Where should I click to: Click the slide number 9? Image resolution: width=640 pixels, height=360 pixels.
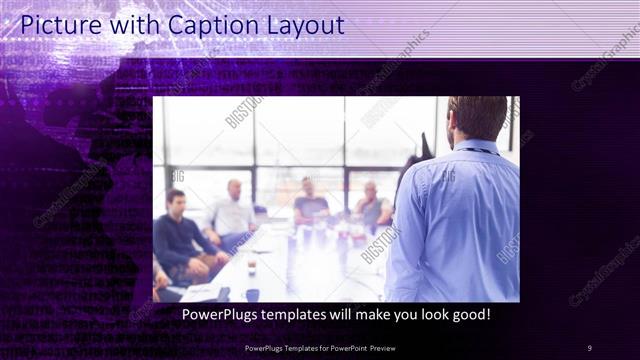pos(590,348)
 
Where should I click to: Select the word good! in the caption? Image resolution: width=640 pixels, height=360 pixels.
pos(468,315)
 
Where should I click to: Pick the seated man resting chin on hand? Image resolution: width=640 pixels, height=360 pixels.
pos(371,207)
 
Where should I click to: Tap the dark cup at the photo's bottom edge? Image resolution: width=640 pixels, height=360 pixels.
pos(252,295)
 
